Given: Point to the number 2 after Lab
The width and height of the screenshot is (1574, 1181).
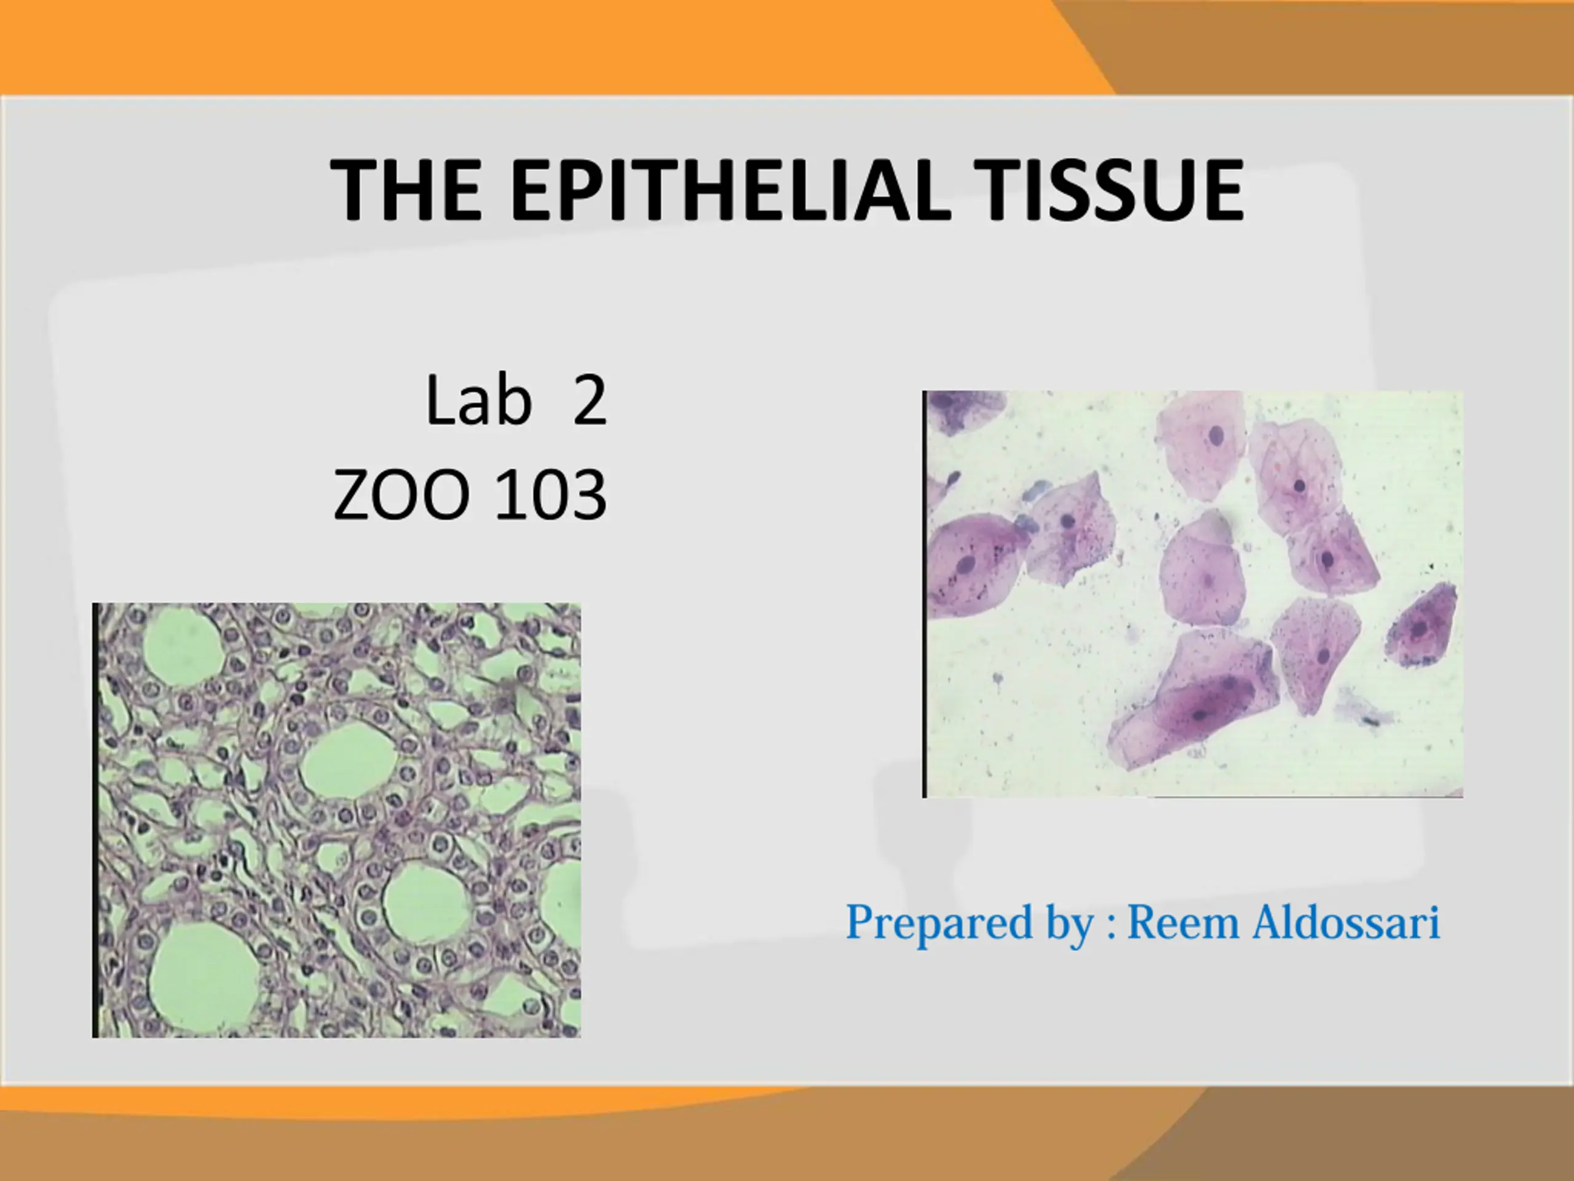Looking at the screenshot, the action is [590, 402].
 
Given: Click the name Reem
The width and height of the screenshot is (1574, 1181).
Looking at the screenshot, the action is [1184, 923].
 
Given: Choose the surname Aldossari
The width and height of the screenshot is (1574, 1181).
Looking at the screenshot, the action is [1347, 923].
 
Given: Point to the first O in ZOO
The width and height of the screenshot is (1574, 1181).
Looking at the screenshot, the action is [401, 495].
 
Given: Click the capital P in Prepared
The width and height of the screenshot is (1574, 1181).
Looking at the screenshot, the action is [861, 923].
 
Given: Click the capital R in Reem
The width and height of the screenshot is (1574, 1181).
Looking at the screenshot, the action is [1146, 923].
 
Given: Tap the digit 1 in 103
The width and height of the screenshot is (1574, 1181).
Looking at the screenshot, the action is [508, 495].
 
